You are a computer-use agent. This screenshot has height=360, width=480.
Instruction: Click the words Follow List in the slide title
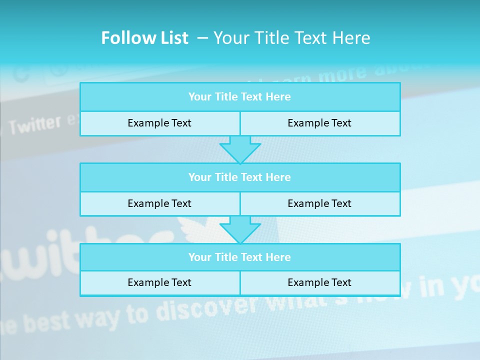(144, 38)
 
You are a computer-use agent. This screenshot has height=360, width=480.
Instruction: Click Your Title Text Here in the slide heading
(292, 38)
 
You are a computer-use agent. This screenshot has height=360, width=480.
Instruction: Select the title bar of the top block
(240, 97)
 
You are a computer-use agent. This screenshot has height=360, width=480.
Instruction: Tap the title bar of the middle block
(240, 177)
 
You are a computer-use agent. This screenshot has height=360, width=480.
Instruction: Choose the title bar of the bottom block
(240, 257)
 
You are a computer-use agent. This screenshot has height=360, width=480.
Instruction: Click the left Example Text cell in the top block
(159, 123)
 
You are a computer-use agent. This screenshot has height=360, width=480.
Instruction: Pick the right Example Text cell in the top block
(319, 123)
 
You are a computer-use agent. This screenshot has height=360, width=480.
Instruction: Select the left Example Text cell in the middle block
(159, 203)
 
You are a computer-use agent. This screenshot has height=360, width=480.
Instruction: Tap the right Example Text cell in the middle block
(319, 203)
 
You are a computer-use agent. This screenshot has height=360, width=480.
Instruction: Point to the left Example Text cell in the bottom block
(159, 282)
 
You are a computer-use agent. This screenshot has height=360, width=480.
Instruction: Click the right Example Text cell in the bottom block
(319, 282)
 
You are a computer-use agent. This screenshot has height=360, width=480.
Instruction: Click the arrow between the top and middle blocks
(240, 149)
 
